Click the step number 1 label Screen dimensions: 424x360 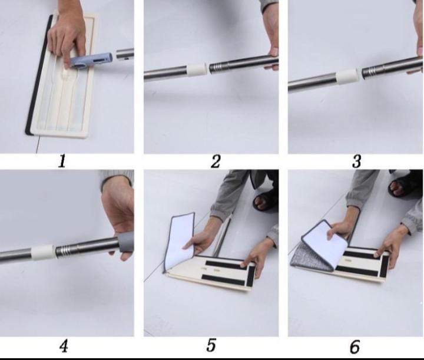(62, 161)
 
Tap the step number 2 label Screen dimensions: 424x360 (216, 161)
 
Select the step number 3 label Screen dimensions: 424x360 (357, 161)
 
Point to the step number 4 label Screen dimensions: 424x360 (64, 346)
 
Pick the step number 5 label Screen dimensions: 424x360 (211, 345)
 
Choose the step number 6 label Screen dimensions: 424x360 (355, 346)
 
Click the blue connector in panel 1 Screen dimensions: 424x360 (91, 60)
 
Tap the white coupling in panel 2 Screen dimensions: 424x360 (197, 70)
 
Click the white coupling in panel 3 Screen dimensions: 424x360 (348, 76)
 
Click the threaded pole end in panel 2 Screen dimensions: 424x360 (218, 68)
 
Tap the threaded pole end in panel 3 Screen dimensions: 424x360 (370, 72)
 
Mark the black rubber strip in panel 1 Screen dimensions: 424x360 (38, 75)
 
